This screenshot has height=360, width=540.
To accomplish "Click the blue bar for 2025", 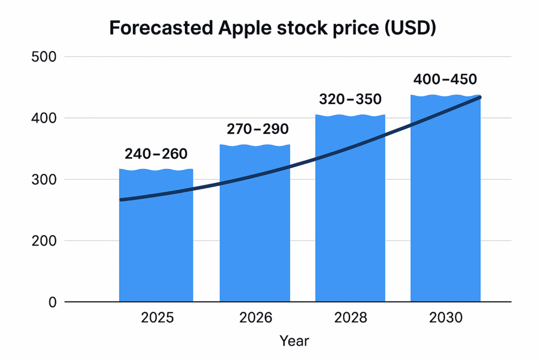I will click(x=156, y=248).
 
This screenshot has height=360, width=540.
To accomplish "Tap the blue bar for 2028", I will click(x=350, y=221).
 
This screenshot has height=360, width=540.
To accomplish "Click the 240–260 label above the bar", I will click(x=156, y=154).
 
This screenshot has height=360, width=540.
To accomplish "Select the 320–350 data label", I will click(x=350, y=99).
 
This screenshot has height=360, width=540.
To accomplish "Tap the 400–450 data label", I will click(x=446, y=80).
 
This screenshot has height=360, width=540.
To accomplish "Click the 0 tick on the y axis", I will click(x=52, y=303).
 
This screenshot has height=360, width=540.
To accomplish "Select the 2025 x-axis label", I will click(x=157, y=318).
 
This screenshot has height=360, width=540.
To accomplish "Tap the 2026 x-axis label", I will click(x=255, y=318).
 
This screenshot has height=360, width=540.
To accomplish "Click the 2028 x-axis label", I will click(x=351, y=318).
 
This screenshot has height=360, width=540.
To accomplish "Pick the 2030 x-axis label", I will click(x=446, y=318).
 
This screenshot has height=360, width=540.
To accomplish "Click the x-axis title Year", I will click(x=294, y=341).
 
